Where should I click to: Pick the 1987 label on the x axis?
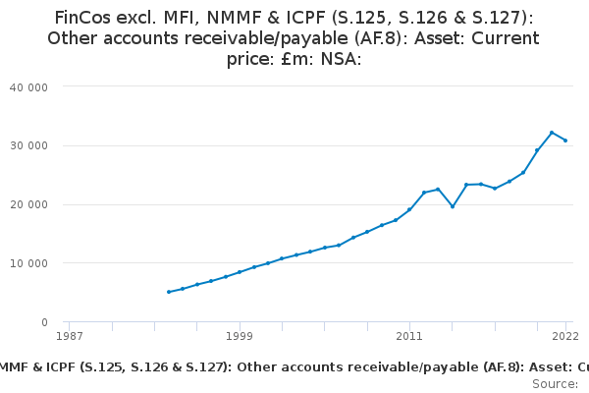[69, 336]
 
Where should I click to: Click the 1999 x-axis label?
[239, 336]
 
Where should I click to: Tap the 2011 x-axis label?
[409, 336]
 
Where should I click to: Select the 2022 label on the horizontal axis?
[564, 336]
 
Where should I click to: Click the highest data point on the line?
[552, 133]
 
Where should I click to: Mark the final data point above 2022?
[565, 140]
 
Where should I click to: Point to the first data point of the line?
[168, 292]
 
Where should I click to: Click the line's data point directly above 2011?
[409, 209]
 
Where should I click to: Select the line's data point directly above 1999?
[239, 272]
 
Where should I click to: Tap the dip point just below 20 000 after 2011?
[453, 206]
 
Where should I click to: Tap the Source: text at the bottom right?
[556, 384]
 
